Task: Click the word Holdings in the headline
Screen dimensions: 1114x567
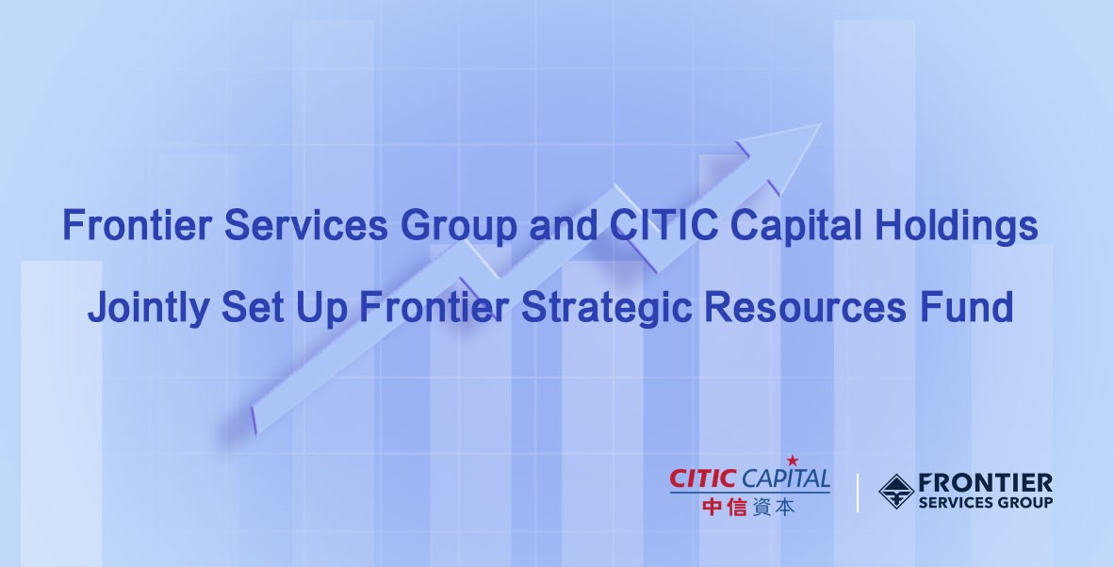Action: pos(957,227)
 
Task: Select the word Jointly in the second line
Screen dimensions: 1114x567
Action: pos(148,308)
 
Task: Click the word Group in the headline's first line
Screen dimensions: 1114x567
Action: pos(458,227)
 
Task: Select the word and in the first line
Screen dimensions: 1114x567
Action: pos(564,225)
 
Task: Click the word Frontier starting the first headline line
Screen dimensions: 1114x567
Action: pos(137,225)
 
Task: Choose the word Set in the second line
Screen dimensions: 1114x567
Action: pos(253,306)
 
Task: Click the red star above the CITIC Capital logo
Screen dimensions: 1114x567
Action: pos(793,462)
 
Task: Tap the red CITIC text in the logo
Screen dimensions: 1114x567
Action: pos(703,478)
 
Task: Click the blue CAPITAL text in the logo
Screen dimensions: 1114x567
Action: pos(785,478)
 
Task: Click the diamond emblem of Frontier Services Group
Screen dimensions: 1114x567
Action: pos(896,491)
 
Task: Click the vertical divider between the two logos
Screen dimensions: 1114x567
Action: pos(858,492)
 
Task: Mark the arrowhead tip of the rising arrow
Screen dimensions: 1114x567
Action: pos(821,124)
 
